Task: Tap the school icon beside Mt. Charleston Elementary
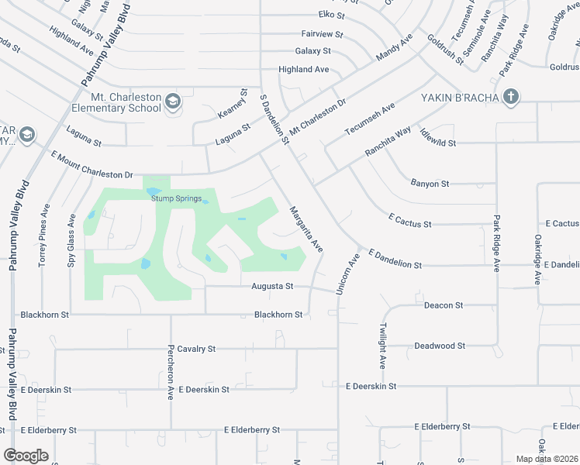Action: [172, 102]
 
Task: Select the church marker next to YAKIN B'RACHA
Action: [510, 97]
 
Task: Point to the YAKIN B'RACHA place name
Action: [458, 98]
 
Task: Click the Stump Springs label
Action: [176, 198]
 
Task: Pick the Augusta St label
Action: [272, 287]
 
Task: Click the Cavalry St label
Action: [196, 349]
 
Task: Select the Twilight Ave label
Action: [383, 346]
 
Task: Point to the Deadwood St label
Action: [439, 346]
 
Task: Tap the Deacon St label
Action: [444, 305]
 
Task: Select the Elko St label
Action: [330, 14]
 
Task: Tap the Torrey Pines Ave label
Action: [44, 236]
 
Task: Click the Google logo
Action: [26, 455]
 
